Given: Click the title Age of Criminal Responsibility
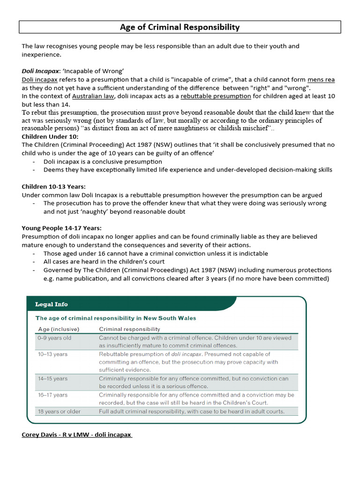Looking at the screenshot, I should (180, 27).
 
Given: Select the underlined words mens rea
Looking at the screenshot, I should (321, 80).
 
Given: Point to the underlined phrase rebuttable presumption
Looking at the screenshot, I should (216, 96).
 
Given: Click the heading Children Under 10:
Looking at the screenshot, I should (50, 137).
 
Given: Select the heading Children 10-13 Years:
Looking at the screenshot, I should (54, 187).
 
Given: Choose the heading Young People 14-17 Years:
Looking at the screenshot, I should (62, 228).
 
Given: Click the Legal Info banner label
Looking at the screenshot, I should (52, 304).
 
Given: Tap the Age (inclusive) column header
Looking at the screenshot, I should (59, 329).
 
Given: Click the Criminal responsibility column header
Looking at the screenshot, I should (129, 329).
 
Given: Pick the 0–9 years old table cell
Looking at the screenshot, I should (55, 337).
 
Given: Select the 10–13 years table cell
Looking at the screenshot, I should (52, 354).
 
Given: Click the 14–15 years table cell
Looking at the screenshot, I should (52, 378).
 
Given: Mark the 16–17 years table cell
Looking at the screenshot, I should (52, 395).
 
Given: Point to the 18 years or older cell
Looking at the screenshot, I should (59, 412).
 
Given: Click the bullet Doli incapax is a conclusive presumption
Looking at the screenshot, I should (103, 162).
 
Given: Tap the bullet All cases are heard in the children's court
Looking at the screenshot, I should (104, 262).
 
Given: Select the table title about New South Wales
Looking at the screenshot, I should (116, 318).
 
